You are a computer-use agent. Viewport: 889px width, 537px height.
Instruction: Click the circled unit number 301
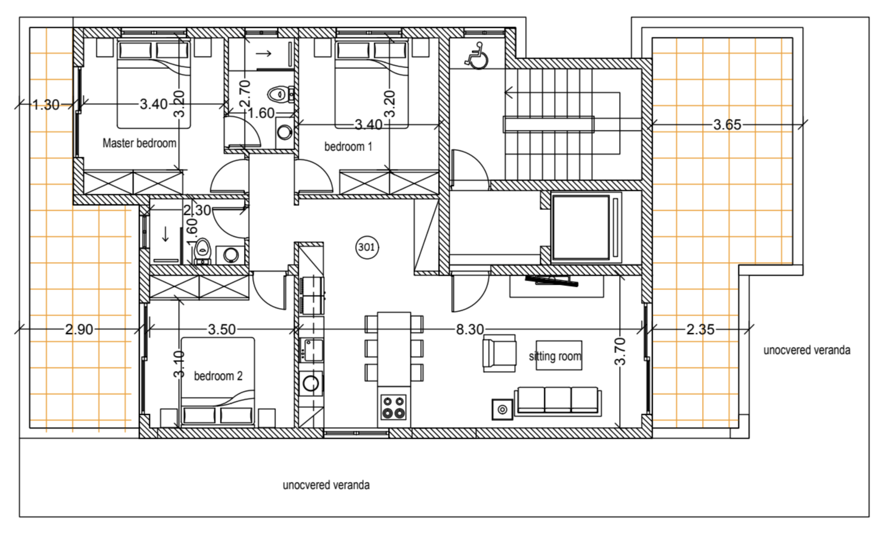[x=367, y=247]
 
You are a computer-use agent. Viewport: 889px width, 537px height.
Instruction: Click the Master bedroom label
[x=139, y=143]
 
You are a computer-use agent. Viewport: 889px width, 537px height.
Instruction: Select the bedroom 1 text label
[x=348, y=147]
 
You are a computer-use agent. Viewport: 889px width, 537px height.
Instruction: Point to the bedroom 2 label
[x=218, y=376]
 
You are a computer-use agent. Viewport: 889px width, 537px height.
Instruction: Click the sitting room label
[x=555, y=356]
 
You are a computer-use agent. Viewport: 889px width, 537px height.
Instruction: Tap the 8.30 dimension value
[x=470, y=330]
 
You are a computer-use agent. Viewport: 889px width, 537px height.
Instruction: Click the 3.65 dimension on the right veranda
[x=727, y=125]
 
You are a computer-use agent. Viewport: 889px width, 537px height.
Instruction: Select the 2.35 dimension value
[x=700, y=330]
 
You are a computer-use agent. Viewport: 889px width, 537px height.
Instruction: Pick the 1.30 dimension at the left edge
[x=46, y=105]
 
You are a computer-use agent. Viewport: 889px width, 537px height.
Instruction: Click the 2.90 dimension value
[x=79, y=330]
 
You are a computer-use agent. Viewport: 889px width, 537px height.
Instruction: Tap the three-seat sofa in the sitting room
[x=557, y=401]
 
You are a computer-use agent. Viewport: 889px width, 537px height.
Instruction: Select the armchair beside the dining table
[x=499, y=353]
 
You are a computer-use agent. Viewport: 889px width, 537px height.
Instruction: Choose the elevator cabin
[x=581, y=228]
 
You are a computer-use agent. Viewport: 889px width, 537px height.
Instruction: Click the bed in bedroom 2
[x=218, y=381]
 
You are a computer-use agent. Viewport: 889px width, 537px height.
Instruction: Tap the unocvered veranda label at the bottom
[x=326, y=485]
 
